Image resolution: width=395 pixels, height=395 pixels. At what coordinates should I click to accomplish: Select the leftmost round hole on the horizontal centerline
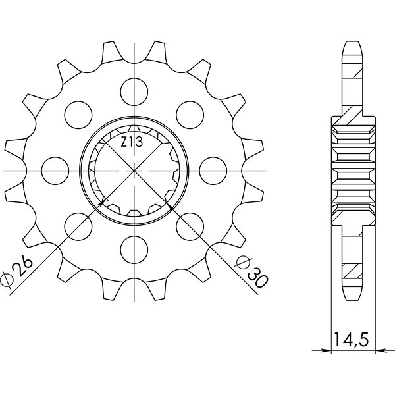[x=54, y=170]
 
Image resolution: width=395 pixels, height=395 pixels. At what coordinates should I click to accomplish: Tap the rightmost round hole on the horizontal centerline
[x=213, y=170]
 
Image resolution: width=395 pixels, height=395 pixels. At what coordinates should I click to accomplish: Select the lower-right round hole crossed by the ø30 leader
[x=190, y=225]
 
